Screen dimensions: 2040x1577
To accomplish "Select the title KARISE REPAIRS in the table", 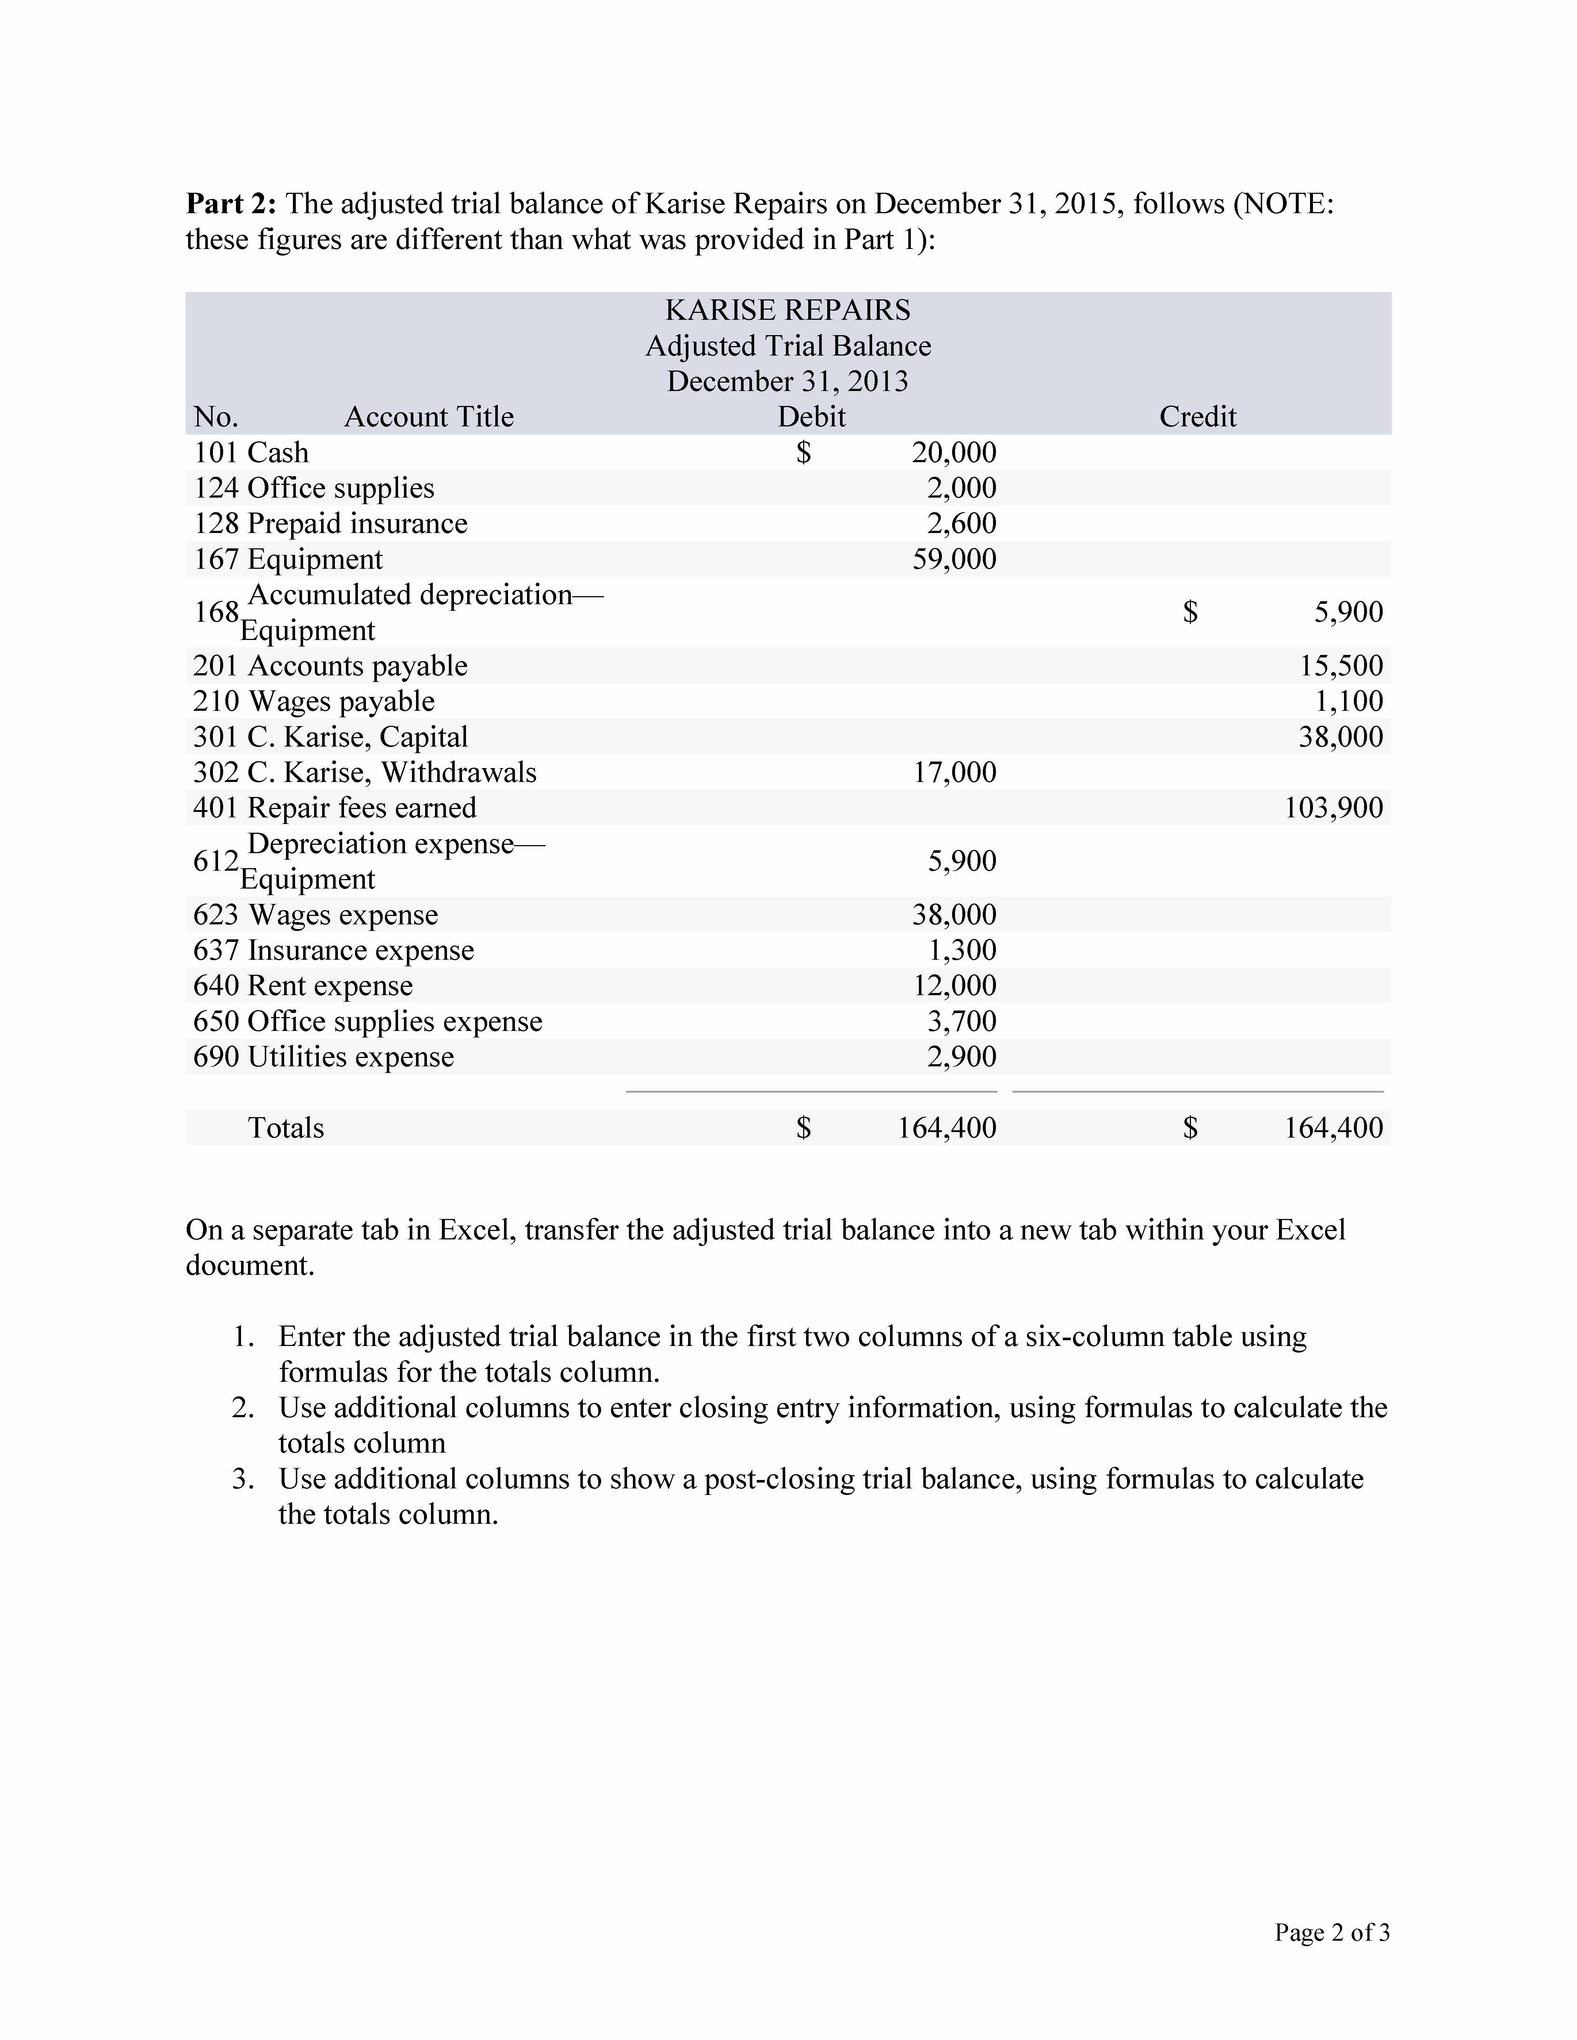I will click(x=787, y=310).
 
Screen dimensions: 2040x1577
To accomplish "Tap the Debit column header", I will click(x=812, y=417).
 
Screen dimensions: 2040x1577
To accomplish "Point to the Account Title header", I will click(x=429, y=417).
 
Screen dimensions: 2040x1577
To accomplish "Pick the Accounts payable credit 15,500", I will click(x=1341, y=666).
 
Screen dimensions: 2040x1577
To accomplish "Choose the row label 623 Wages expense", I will click(x=316, y=914).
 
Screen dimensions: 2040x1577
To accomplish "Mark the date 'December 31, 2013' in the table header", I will click(x=787, y=381).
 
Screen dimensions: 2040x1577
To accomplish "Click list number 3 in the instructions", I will click(x=244, y=1479).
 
